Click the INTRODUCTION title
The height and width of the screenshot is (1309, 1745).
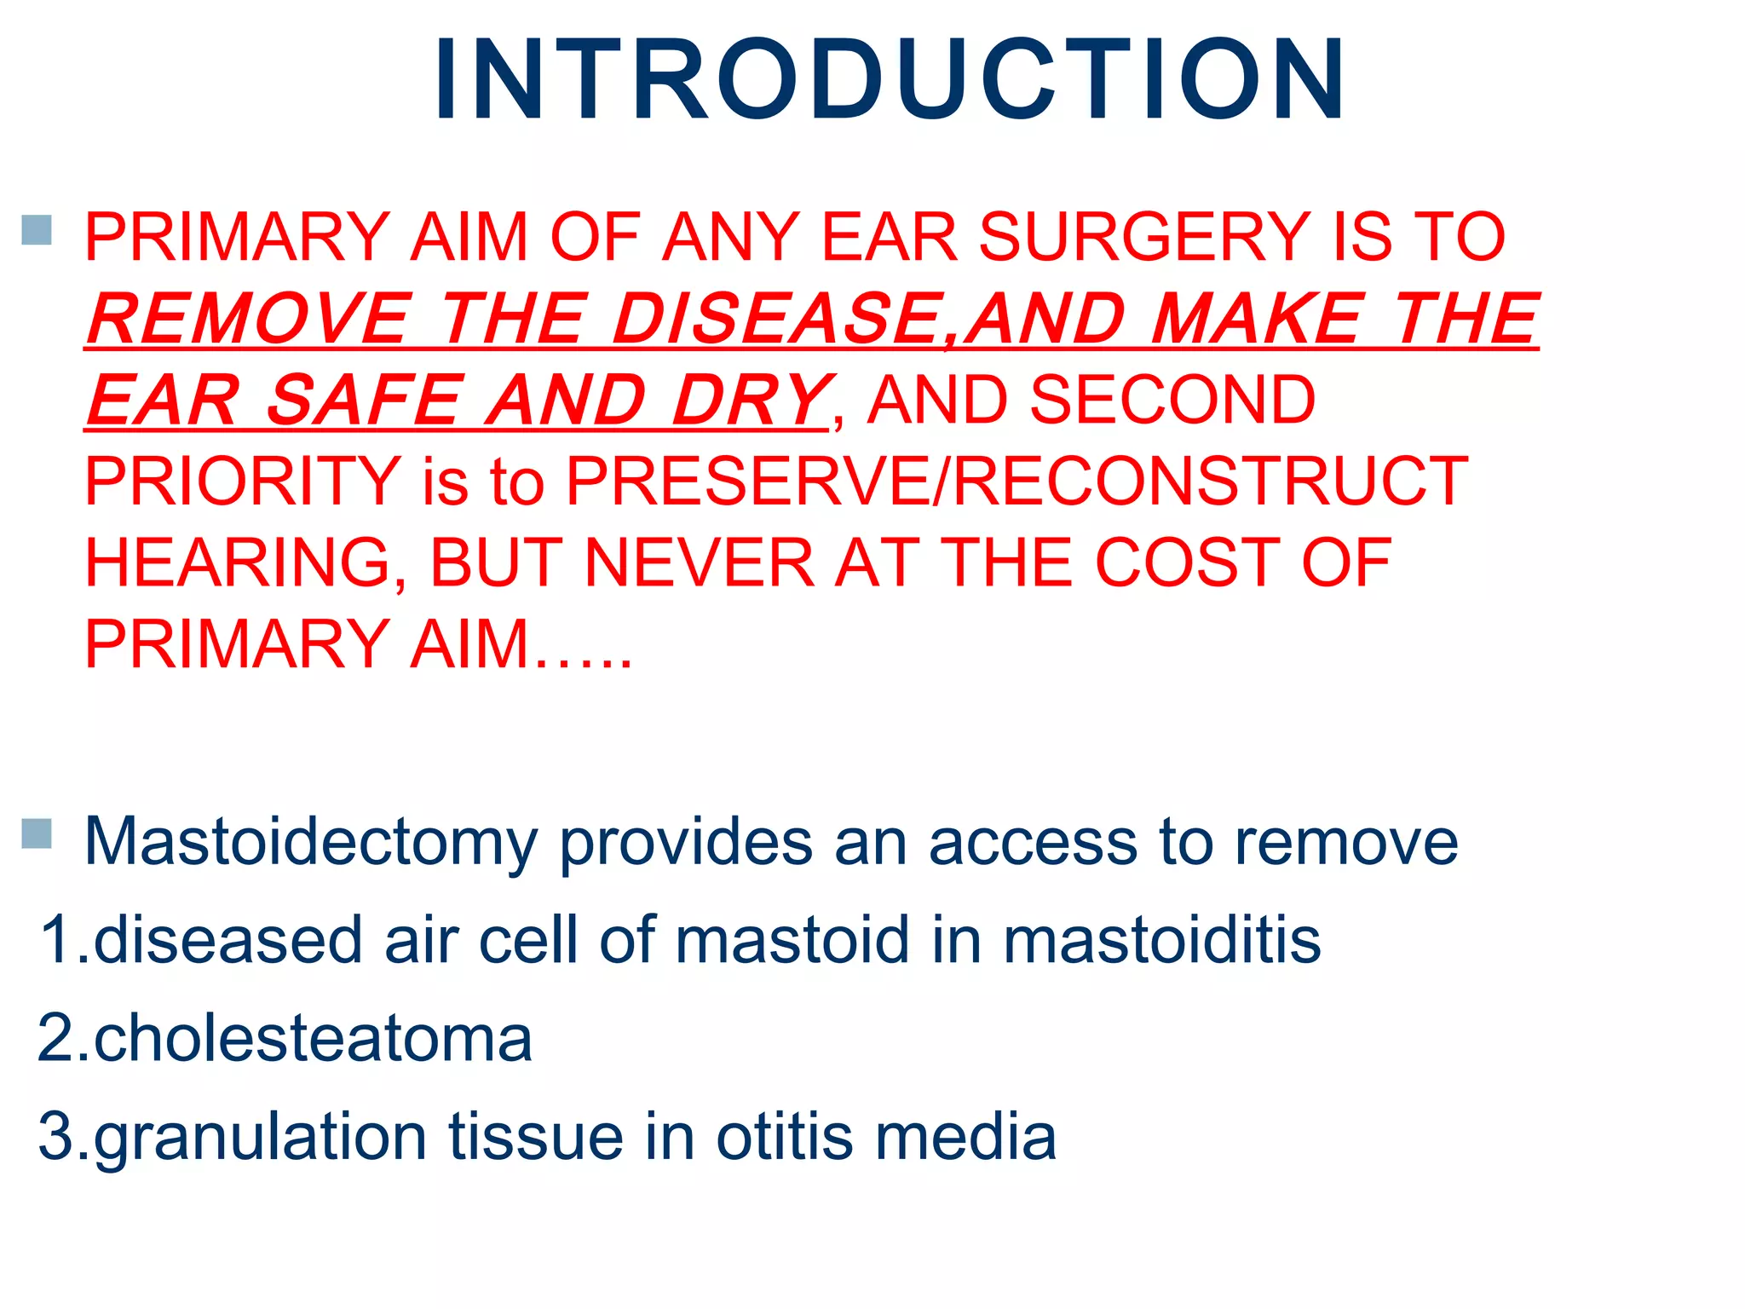(x=890, y=81)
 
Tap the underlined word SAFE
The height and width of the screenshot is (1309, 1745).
(x=365, y=400)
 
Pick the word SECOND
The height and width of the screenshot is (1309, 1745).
(x=1172, y=400)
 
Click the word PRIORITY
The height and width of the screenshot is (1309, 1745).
(x=243, y=482)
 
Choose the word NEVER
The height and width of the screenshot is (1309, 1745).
(x=699, y=563)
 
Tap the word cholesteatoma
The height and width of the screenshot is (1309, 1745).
(x=313, y=1039)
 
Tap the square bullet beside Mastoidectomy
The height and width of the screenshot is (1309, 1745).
(x=37, y=833)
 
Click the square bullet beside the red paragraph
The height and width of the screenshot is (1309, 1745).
(x=37, y=229)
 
